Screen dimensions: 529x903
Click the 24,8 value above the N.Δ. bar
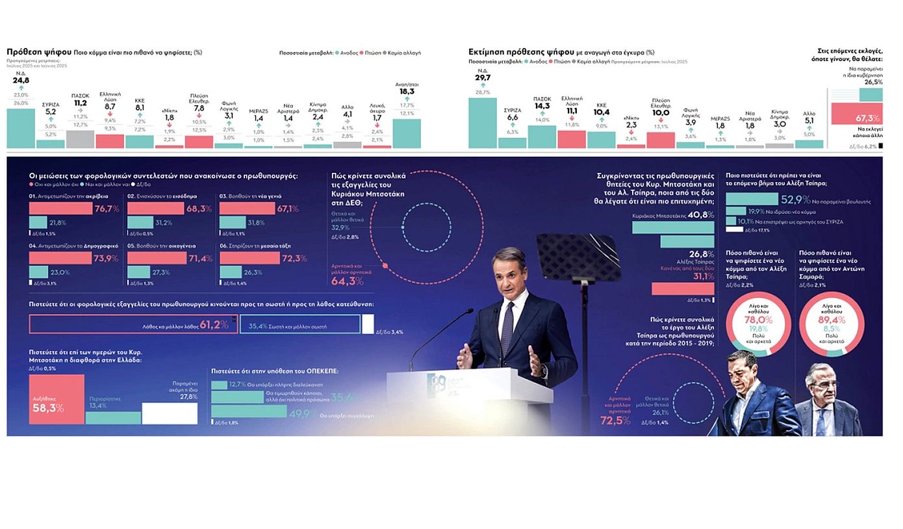[x=21, y=81]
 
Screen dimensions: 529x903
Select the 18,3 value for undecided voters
[x=406, y=92]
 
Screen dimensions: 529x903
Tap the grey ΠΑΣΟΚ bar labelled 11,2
[x=81, y=139]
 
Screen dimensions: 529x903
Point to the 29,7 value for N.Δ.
[x=483, y=78]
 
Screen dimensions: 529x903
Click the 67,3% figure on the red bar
[x=868, y=118]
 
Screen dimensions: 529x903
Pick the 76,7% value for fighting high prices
[x=107, y=209]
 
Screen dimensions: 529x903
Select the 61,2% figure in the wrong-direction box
[x=214, y=324]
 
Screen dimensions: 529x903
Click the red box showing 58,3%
[x=57, y=399]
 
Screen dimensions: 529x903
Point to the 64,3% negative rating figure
[x=348, y=281]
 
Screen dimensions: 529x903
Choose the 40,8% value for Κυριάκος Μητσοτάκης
[x=701, y=215]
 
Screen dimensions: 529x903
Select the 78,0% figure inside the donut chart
[x=758, y=320]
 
